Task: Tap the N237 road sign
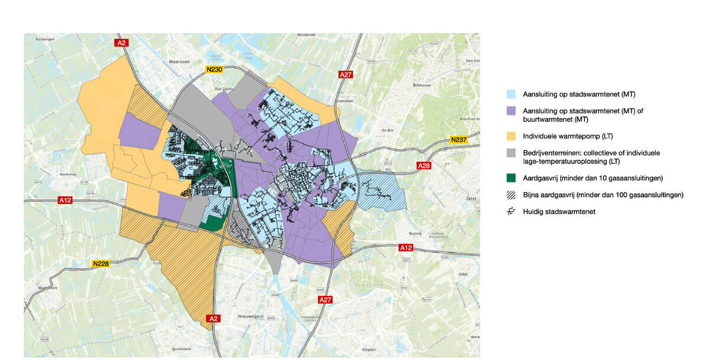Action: coord(458,140)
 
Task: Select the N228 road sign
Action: coord(101,263)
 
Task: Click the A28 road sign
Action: coord(424,166)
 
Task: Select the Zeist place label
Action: coord(471,200)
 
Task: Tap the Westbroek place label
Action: coord(307,35)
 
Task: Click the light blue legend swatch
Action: coord(511,94)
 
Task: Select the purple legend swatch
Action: coord(511,111)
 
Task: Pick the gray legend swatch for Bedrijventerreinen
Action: coord(511,153)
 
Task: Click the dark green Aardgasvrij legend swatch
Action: coord(511,178)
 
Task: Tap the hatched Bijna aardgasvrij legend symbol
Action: coord(511,194)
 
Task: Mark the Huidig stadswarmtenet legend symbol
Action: coord(511,212)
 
